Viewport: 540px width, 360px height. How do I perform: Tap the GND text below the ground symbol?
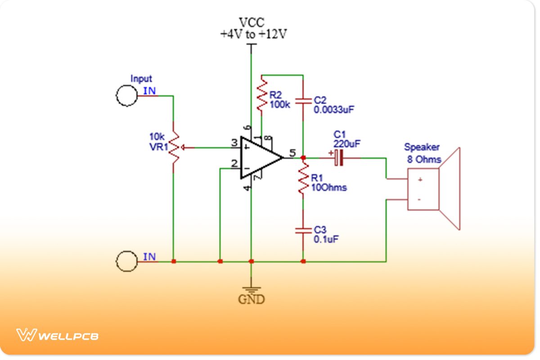(x=252, y=299)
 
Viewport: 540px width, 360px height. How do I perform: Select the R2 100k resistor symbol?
(x=262, y=94)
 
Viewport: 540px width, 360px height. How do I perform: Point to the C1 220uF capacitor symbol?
(x=338, y=158)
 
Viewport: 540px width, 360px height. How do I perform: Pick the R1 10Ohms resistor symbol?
(x=303, y=179)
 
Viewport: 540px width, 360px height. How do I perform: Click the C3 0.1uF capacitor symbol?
(x=303, y=230)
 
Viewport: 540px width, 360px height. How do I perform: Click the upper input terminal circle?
(x=126, y=95)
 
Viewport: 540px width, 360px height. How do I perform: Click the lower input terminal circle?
(x=126, y=261)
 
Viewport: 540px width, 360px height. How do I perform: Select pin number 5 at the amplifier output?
(x=292, y=153)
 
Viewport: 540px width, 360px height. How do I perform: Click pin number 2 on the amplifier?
(x=234, y=164)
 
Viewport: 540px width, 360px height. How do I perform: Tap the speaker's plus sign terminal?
(x=419, y=180)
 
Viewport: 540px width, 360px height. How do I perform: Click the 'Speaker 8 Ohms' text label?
(x=422, y=153)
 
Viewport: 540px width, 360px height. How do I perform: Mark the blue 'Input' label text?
(x=141, y=79)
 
